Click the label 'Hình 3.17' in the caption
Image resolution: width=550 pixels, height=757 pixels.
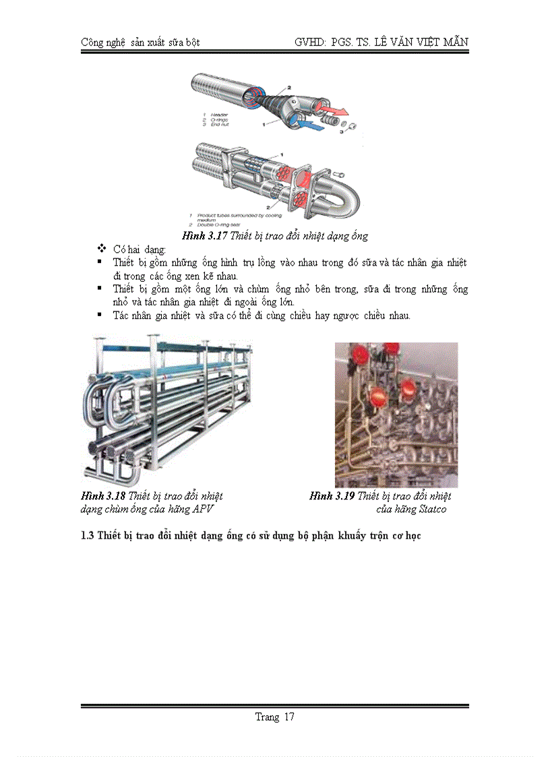pos(204,236)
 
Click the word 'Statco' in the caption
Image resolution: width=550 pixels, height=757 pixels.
pos(431,510)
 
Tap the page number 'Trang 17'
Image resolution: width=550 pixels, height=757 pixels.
pos(274,717)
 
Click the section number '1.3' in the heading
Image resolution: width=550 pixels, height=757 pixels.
pos(87,537)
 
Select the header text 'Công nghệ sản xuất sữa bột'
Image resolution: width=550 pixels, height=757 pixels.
pos(140,42)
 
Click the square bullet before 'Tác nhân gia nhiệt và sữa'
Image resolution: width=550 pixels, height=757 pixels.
pos(100,314)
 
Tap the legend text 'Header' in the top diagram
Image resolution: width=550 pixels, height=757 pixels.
pos(219,114)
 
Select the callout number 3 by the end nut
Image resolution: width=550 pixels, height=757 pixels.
pos(341,133)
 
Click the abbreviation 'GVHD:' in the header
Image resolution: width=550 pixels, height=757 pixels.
pos(309,42)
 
